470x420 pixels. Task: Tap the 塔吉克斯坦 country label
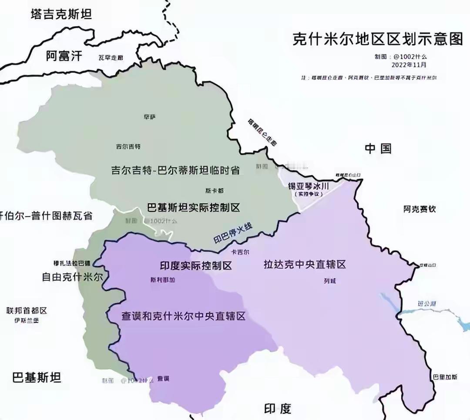61,14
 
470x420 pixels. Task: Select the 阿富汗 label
64,55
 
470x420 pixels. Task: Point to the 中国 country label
378,149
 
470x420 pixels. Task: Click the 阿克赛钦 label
419,210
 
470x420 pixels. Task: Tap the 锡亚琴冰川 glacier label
308,186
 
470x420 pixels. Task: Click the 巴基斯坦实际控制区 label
194,207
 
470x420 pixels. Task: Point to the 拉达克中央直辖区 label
305,264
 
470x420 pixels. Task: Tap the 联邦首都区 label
27,311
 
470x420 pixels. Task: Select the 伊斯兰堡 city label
27,320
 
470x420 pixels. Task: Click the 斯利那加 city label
162,280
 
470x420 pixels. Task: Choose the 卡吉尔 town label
240,252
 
